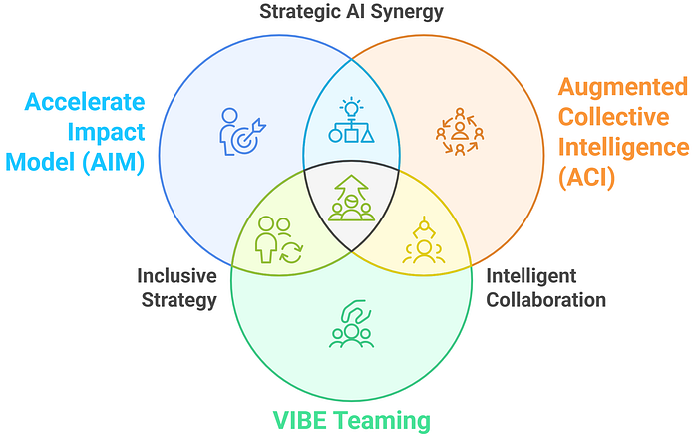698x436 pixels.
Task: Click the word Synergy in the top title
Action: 407,12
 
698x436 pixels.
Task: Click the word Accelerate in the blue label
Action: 85,102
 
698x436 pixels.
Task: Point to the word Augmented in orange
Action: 623,88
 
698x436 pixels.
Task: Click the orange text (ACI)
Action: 586,177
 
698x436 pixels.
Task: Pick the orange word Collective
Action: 614,117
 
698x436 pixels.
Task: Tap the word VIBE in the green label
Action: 300,420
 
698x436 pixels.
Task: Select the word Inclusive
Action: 176,276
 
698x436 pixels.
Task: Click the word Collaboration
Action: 545,300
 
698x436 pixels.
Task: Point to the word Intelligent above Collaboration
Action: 531,277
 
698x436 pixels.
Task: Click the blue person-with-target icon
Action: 242,132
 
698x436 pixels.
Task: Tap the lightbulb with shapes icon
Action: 351,120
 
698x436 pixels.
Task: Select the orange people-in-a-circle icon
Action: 460,131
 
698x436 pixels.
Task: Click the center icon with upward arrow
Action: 351,198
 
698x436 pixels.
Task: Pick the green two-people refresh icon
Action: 279,239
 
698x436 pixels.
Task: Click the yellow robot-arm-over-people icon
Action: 424,239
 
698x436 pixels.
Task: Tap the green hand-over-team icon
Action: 351,324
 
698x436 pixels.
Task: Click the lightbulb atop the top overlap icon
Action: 351,107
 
